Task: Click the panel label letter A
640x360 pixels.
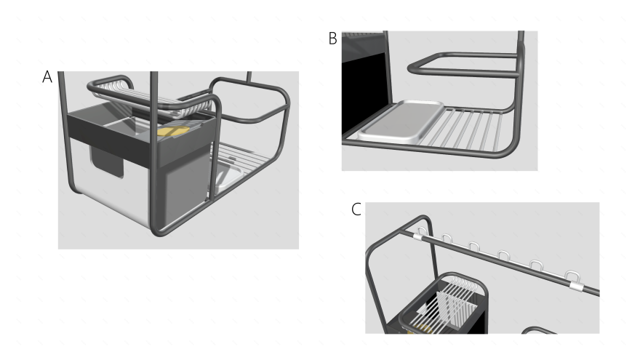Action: click(x=47, y=77)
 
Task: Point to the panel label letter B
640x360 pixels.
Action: click(x=332, y=39)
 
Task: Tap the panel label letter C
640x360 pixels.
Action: click(x=356, y=209)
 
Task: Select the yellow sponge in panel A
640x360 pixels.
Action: click(x=174, y=132)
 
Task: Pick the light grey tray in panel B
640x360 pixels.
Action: click(x=401, y=121)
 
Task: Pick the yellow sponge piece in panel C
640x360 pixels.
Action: click(x=420, y=329)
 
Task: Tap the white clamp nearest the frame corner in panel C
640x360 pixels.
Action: click(x=418, y=237)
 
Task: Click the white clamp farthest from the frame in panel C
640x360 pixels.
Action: click(x=575, y=286)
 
